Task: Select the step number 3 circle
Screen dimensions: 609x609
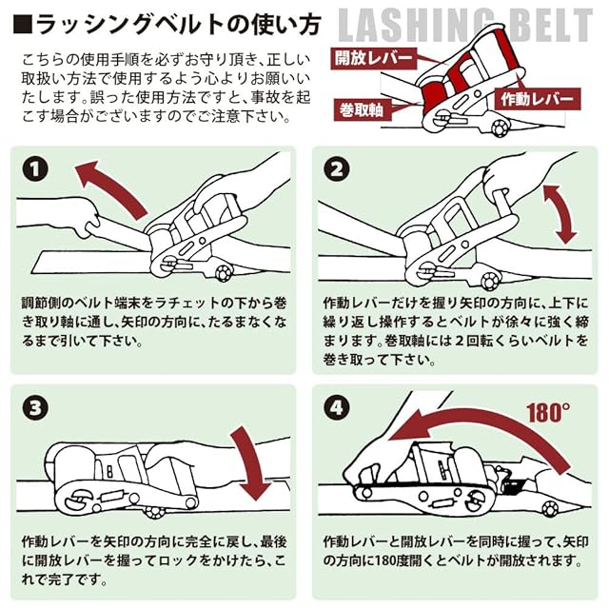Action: (35, 409)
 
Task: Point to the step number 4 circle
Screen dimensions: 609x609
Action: (336, 409)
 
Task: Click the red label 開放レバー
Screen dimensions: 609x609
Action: (374, 58)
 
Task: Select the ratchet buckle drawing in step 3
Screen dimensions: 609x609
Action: (133, 485)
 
